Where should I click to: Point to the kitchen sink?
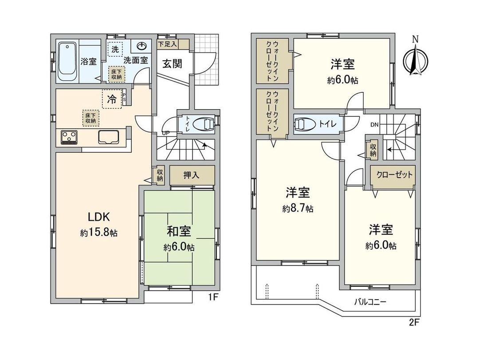pos(108,137)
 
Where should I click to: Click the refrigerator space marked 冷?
pos(112,99)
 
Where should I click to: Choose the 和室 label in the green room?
pos(179,231)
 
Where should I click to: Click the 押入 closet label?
pos(191,175)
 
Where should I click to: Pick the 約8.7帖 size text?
pos(298,209)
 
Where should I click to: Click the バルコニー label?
pos(370,302)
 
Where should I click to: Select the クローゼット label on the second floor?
pos(394,174)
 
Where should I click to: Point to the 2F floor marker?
pos(413,322)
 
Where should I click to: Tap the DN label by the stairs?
pos(374,125)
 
